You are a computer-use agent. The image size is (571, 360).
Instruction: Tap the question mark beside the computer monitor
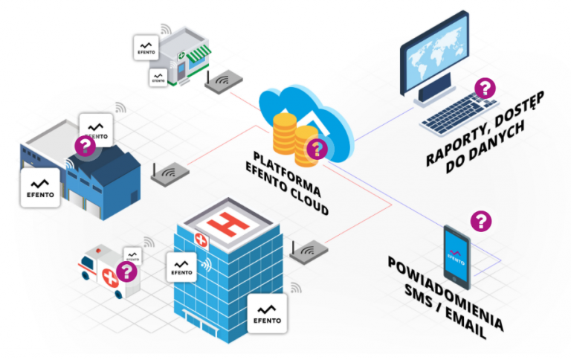point(485,89)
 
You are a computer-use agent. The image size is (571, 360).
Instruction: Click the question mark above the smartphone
point(481,220)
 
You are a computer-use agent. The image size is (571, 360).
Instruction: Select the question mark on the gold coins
point(317,148)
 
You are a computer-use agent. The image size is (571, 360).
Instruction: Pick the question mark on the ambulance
point(127,271)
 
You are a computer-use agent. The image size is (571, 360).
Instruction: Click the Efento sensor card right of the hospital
point(267,312)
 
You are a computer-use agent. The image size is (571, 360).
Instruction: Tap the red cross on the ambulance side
point(111,278)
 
